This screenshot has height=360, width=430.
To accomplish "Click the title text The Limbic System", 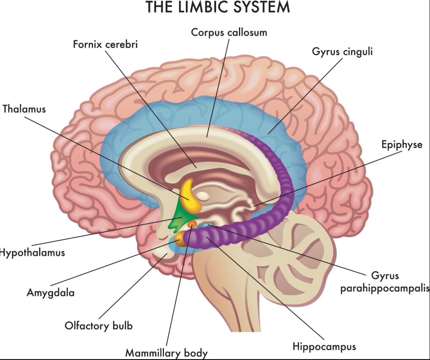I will (x=217, y=7).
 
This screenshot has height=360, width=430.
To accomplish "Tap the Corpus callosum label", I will (x=229, y=32).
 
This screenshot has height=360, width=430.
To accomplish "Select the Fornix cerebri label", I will (x=105, y=45).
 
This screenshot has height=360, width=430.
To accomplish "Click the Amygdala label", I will (x=50, y=293).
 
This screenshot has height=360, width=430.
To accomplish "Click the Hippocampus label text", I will (x=324, y=346).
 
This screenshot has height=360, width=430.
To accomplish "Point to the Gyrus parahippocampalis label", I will (x=385, y=283).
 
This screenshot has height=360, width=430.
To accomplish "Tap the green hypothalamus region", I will (x=181, y=217).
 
